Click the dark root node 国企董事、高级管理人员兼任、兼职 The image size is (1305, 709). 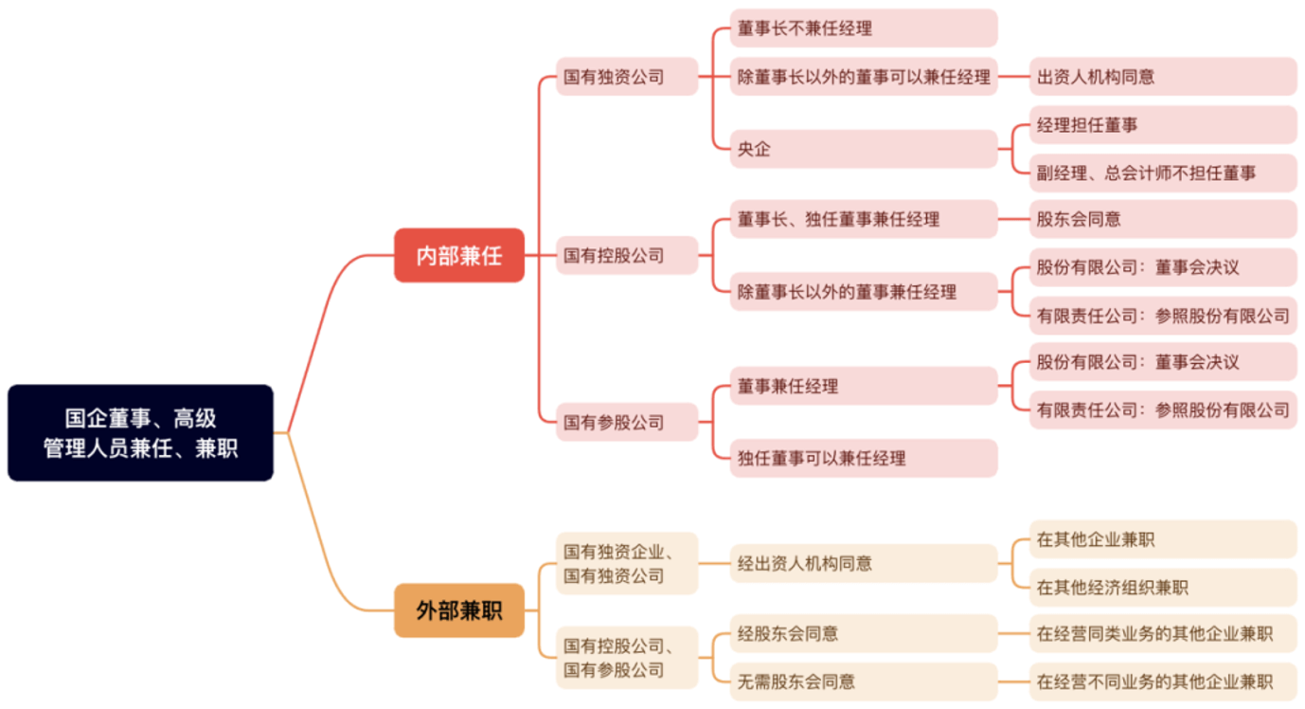140,432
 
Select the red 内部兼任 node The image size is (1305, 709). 459,255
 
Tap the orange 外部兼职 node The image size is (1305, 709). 459,610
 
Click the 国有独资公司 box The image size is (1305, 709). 627,77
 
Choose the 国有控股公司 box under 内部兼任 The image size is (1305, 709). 627,255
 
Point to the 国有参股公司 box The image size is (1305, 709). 627,422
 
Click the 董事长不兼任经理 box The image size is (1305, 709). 864,28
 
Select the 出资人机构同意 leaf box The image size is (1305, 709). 1163,77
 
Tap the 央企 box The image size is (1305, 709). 864,149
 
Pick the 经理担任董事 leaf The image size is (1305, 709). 1163,125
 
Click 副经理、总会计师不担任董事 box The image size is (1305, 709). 1163,173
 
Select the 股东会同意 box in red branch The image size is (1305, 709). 1163,219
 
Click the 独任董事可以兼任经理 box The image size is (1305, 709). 864,458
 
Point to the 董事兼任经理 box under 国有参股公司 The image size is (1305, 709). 864,386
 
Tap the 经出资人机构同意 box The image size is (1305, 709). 864,563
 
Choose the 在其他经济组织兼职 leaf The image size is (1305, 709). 1163,588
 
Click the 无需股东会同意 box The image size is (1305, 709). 864,682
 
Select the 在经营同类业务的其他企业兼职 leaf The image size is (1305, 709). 1163,634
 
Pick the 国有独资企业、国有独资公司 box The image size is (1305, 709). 627,563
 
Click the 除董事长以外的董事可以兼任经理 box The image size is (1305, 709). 864,77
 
